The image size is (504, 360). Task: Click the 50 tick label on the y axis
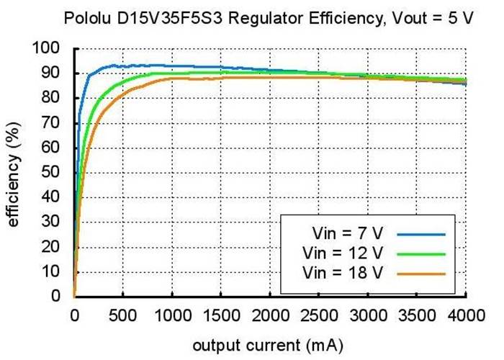(x=59, y=173)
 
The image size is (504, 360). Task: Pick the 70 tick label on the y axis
(x=59, y=123)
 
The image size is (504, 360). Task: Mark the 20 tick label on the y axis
(x=59, y=247)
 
